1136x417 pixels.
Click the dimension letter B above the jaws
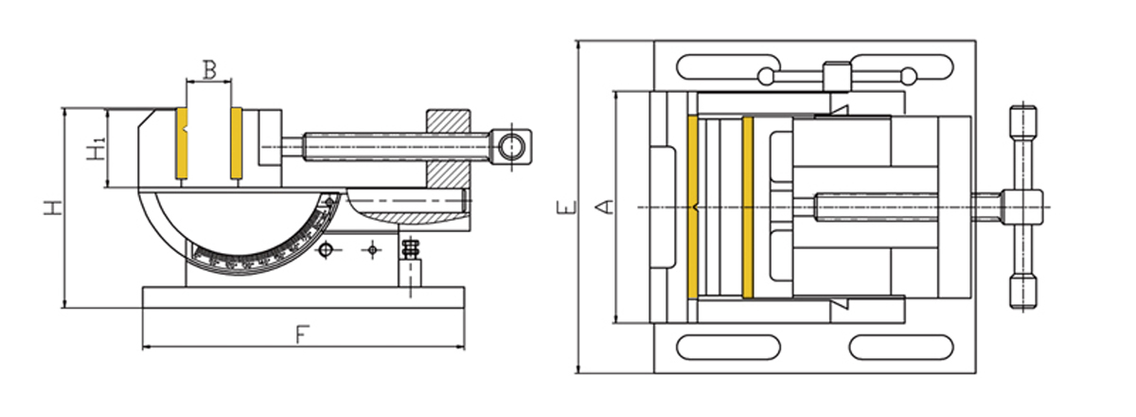pyautogui.click(x=210, y=69)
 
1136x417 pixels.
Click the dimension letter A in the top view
pyautogui.click(x=600, y=207)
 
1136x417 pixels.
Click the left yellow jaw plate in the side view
pyautogui.click(x=182, y=143)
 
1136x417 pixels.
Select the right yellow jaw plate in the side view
pyautogui.click(x=236, y=143)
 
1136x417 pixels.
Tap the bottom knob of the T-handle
pyautogui.click(x=1020, y=293)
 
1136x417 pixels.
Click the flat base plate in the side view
pyautogui.click(x=303, y=297)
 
